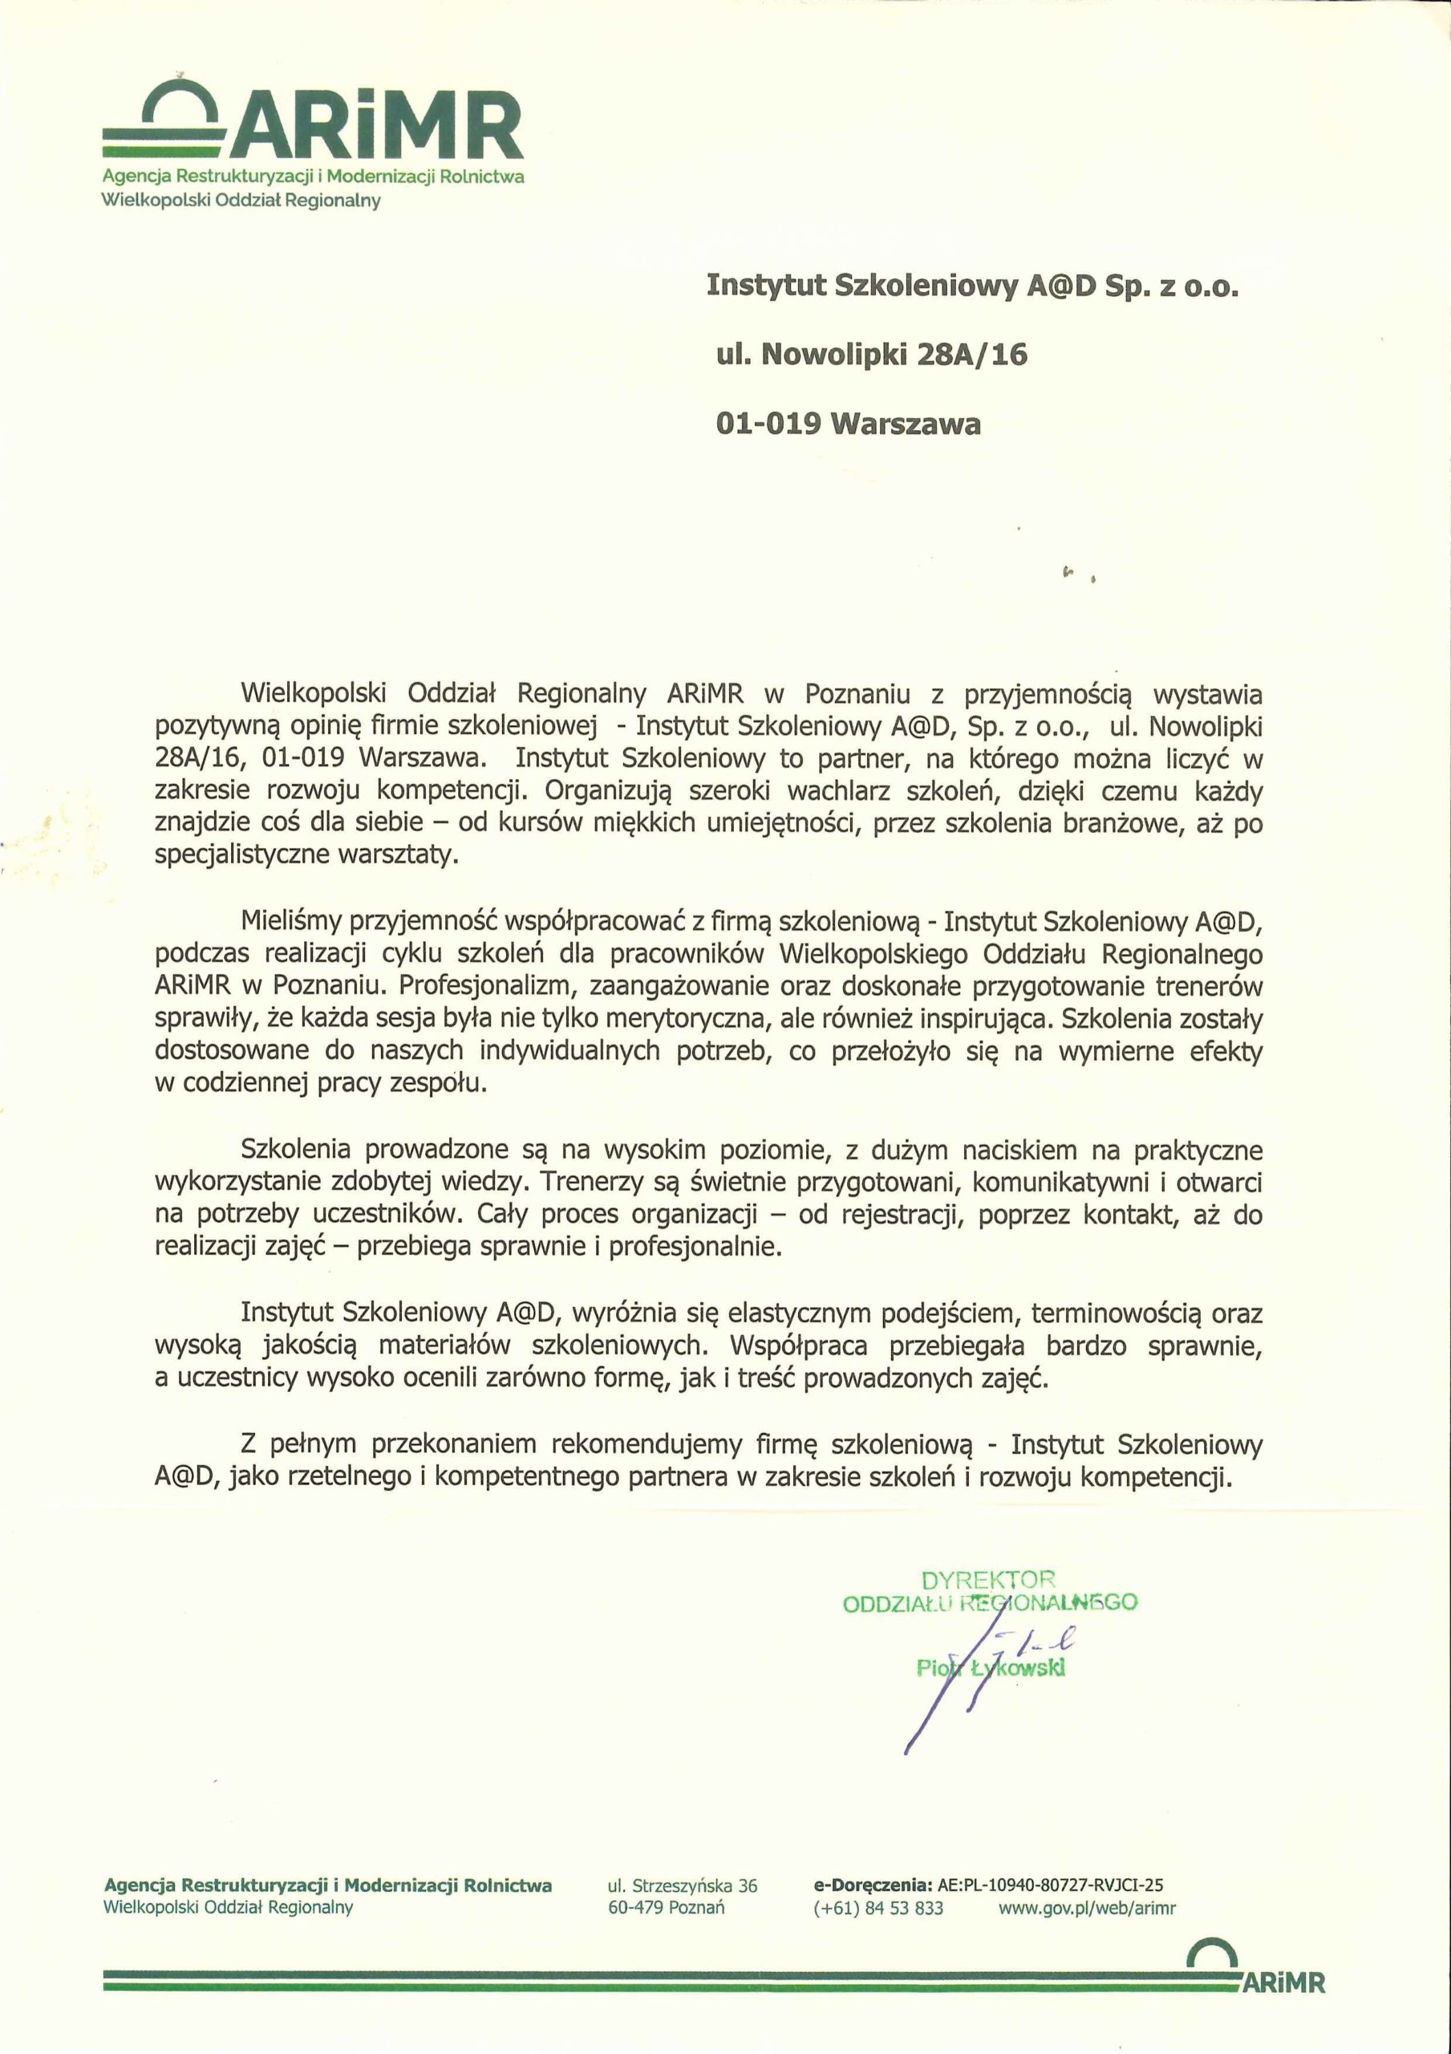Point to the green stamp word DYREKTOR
point(988,1580)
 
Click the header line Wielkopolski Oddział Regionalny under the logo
point(241,201)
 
